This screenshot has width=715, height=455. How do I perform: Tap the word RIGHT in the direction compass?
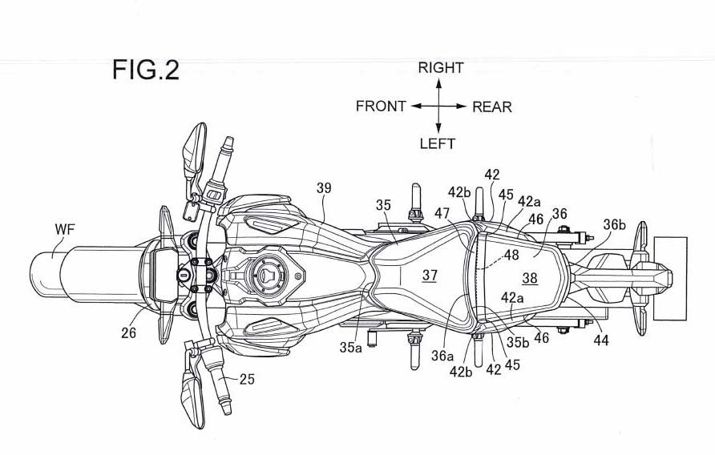coord(440,68)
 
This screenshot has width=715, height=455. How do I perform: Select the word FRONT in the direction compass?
coord(381,107)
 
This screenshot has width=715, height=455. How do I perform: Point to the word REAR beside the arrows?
coord(491,107)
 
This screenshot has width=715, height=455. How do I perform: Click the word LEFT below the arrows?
coord(438,144)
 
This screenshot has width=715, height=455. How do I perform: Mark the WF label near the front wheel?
coord(66,230)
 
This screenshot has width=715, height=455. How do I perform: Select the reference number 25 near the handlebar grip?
coord(247,380)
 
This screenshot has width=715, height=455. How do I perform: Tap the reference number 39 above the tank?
coord(324,188)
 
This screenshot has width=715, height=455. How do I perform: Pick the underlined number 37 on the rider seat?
coord(430,275)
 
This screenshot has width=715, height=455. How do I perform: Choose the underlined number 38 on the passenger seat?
coord(530,279)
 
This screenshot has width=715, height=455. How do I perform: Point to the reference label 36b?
coord(615,226)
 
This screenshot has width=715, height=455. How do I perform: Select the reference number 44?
coord(601,340)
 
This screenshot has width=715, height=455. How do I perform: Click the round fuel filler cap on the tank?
coord(265,275)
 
